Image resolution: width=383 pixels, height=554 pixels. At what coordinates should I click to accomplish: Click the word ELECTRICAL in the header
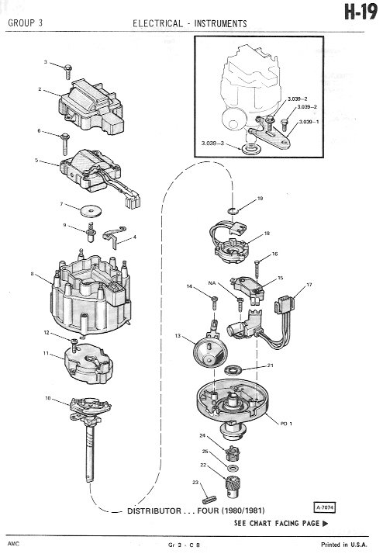[x=158, y=24]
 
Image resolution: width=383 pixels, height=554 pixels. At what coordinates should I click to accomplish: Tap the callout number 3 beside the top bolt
[x=45, y=62]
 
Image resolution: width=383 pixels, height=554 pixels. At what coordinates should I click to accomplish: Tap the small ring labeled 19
[x=233, y=211]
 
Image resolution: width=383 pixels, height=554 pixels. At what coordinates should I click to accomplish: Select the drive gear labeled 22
[x=232, y=487]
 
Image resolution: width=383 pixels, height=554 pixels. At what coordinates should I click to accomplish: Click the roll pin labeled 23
[x=209, y=500]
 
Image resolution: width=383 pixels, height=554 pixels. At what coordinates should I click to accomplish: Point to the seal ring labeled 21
[x=233, y=370]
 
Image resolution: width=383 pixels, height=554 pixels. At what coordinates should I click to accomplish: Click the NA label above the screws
[x=212, y=283]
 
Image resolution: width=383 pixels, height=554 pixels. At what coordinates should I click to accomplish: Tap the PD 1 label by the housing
[x=286, y=424]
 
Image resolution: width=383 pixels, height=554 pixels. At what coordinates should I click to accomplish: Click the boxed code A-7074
[x=324, y=507]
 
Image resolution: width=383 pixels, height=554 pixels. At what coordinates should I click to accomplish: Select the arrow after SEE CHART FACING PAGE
[x=325, y=524]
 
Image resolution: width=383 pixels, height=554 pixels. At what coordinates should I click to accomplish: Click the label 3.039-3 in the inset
[x=212, y=144]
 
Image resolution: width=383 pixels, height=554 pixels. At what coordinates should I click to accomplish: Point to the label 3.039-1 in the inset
[x=309, y=122]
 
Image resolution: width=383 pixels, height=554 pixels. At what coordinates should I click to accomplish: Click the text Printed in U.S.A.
[x=343, y=545]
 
